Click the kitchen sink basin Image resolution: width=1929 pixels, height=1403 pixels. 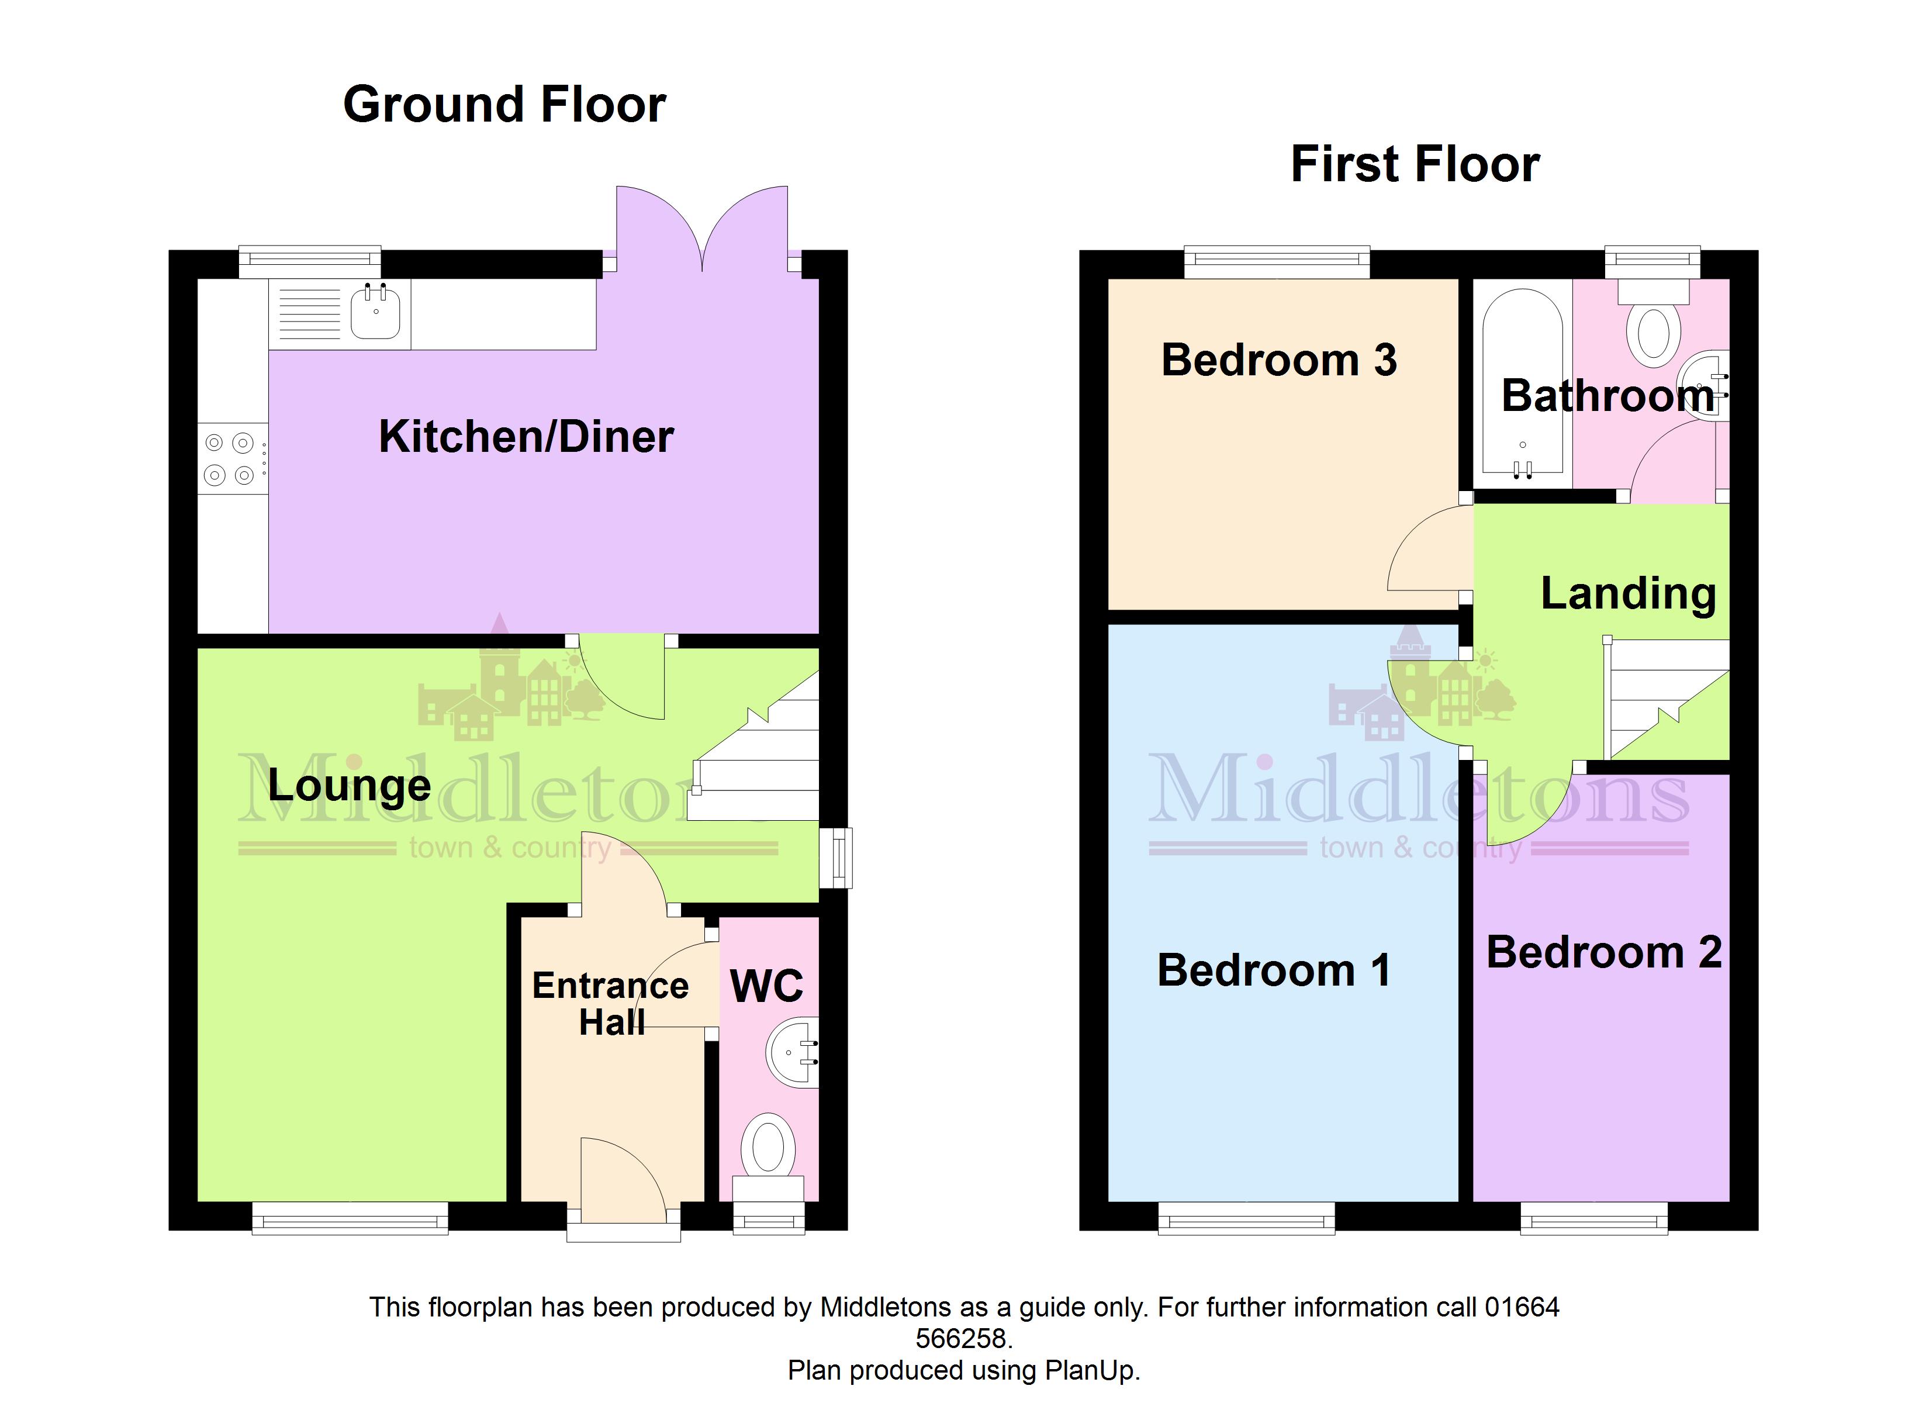pos(375,312)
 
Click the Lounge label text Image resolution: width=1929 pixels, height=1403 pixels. pos(350,785)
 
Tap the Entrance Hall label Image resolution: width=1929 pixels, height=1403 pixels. pos(611,1003)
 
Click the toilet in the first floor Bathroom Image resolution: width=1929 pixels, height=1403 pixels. pos(1653,323)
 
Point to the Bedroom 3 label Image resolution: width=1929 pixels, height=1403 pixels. pos(1279,360)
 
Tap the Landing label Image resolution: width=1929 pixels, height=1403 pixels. pos(1629,593)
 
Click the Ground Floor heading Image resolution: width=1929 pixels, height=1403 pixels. pos(504,104)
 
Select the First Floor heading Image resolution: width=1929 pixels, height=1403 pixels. pos(1415,163)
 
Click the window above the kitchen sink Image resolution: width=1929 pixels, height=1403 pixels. pos(310,261)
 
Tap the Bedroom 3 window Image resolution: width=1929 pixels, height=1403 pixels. pos(1277,261)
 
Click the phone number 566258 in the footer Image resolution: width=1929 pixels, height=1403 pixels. pos(964,1338)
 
